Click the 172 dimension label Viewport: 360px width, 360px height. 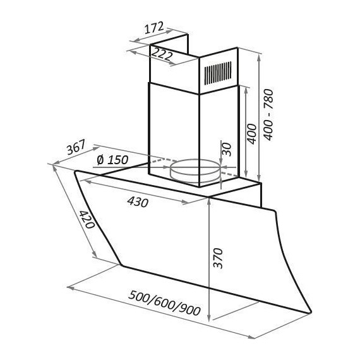(x=154, y=27)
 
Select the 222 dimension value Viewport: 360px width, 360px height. (x=162, y=54)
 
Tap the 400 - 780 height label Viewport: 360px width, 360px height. (x=268, y=114)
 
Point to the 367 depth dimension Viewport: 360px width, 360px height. (x=76, y=147)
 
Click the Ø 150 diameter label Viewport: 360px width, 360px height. (x=112, y=160)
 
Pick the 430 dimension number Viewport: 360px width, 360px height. (x=138, y=202)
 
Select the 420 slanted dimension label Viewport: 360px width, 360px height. (x=87, y=220)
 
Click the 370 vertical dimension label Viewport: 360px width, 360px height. (x=218, y=258)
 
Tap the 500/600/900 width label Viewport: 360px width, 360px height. (x=164, y=303)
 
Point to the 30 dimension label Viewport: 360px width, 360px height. (x=227, y=149)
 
